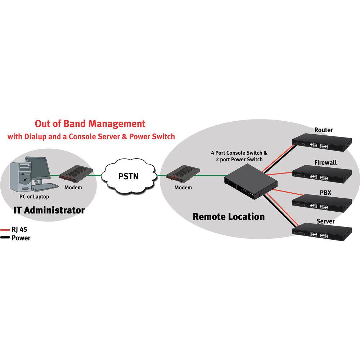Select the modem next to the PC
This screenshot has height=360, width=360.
pos(77,175)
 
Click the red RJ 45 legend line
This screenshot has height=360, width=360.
pos(5,230)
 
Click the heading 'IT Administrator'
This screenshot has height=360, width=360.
pos(49,210)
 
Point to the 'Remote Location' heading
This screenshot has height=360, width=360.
pos(229,217)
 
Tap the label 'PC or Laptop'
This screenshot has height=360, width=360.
pos(34,197)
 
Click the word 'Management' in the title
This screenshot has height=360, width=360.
pos(118,124)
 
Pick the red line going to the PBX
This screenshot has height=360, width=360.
pos(284,193)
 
